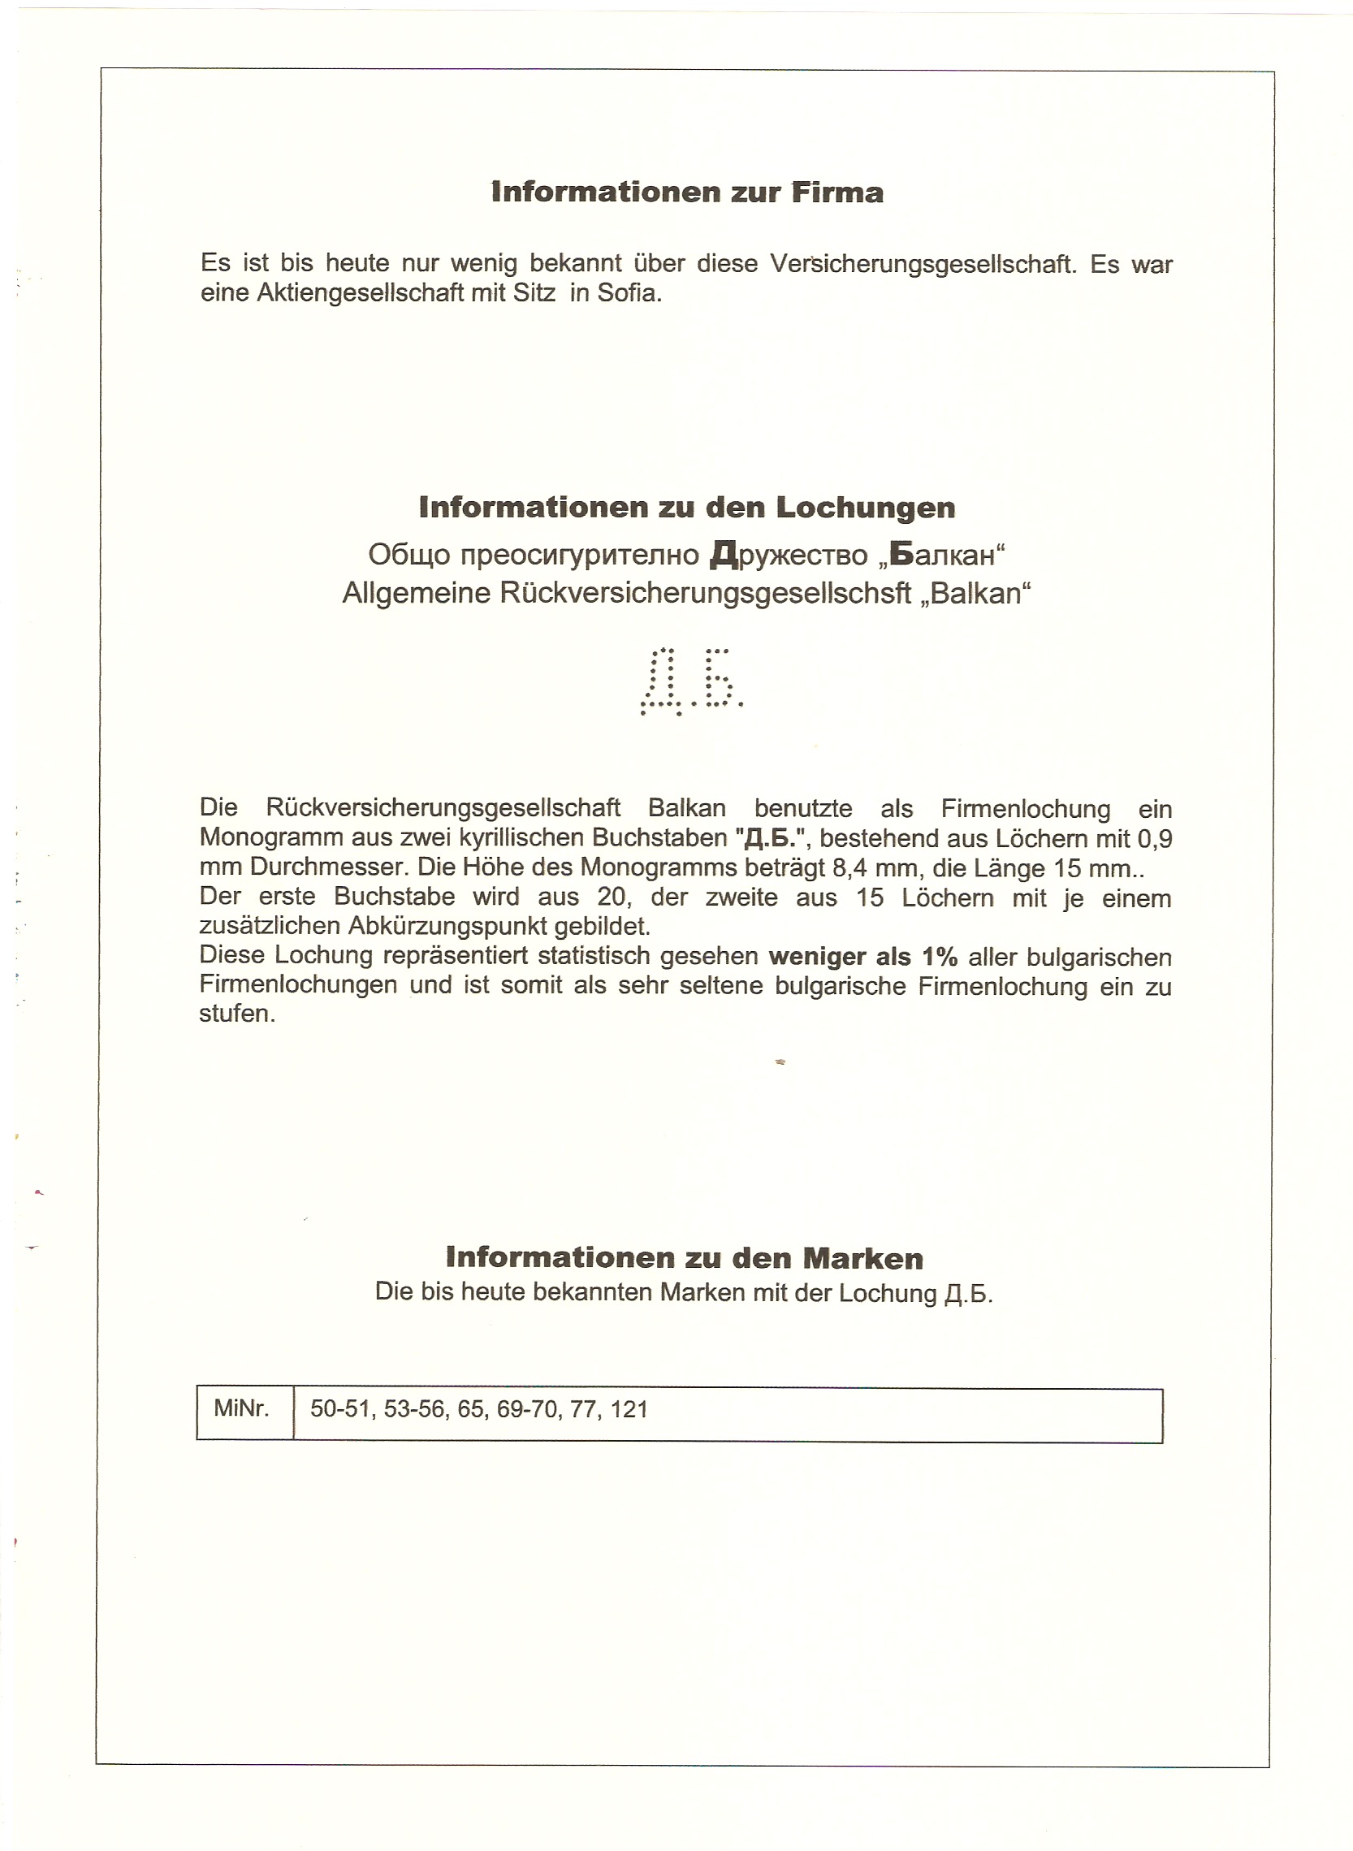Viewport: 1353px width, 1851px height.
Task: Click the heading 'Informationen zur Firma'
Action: click(687, 192)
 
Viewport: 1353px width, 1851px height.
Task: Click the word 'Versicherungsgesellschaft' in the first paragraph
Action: click(923, 264)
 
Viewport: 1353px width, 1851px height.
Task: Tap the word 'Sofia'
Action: click(629, 293)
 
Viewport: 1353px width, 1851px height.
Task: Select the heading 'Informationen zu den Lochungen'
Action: click(686, 508)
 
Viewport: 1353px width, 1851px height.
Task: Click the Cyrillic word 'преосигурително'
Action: click(579, 556)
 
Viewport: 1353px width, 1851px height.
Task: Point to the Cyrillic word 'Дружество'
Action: click(789, 556)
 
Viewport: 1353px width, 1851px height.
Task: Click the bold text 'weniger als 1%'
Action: click(863, 957)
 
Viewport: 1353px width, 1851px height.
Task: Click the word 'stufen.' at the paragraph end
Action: click(237, 1014)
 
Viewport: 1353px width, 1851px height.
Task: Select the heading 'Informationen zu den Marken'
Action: click(684, 1258)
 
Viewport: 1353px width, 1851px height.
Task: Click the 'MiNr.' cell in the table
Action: click(242, 1408)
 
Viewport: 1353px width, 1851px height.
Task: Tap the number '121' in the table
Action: click(629, 1409)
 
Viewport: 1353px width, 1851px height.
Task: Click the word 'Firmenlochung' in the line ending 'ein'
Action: click(1026, 809)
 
